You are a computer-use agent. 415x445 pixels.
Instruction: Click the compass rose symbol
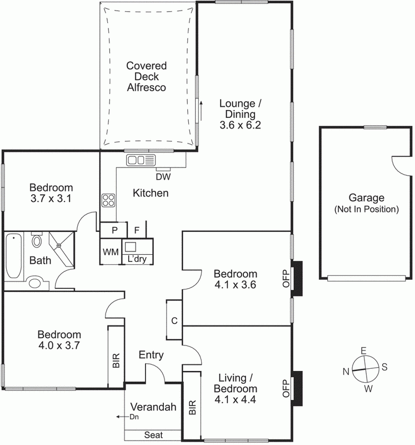(x=363, y=369)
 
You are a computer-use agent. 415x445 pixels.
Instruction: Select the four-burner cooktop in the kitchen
(x=108, y=200)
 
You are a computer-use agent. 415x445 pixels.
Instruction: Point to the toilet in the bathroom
(x=37, y=241)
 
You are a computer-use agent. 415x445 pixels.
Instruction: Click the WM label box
(x=110, y=252)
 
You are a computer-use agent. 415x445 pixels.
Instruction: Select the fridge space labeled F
(x=137, y=230)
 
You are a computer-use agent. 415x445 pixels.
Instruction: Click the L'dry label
(x=137, y=259)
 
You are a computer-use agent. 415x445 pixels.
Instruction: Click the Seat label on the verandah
(x=153, y=435)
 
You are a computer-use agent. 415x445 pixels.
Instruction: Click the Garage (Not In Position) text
(x=366, y=204)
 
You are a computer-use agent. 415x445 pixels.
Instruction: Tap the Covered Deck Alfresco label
(x=147, y=76)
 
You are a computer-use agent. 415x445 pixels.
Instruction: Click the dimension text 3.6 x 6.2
(x=240, y=125)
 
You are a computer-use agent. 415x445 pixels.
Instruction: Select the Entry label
(x=151, y=355)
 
